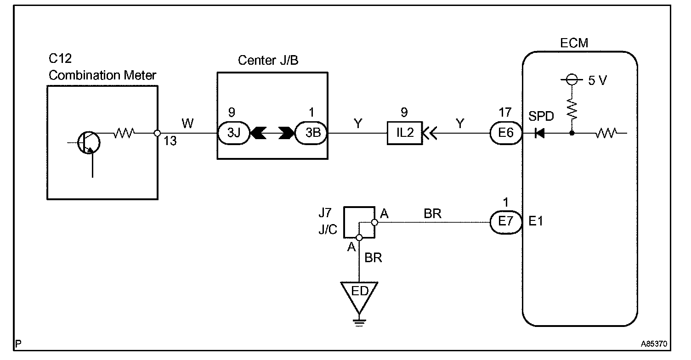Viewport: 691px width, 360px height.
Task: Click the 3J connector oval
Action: pos(233,134)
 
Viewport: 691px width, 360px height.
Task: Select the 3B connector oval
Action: pos(311,134)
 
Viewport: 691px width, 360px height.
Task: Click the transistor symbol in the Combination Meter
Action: pos(88,142)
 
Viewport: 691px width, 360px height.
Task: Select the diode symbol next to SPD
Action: pos(540,134)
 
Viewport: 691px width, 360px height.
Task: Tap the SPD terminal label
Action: pos(541,117)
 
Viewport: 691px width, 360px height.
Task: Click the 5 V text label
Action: pos(597,81)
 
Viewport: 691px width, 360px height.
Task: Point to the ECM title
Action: pos(574,44)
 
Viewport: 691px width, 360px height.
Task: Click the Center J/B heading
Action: pos(268,60)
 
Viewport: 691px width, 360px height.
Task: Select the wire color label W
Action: pos(187,123)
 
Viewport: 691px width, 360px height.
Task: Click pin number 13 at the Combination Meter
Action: pos(170,141)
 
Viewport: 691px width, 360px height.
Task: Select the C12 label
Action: pos(60,59)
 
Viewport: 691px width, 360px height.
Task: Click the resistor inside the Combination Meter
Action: pos(124,134)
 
